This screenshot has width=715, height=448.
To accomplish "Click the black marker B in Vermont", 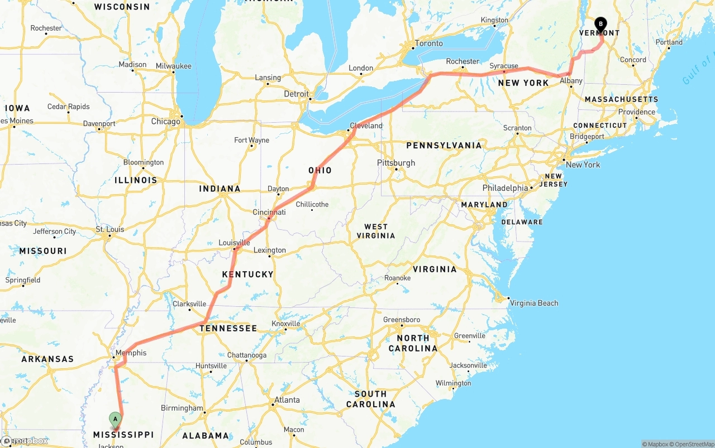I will (x=600, y=25).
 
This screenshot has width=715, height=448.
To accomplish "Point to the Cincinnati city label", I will (x=269, y=212).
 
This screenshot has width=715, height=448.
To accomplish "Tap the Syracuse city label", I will (x=504, y=66).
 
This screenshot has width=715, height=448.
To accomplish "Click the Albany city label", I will (x=571, y=81).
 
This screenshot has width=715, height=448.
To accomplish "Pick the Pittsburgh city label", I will (x=396, y=163).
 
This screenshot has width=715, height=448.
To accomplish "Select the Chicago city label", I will (x=165, y=121).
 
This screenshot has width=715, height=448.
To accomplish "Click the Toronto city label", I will (x=429, y=43).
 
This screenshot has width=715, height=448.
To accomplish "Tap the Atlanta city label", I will (x=287, y=399).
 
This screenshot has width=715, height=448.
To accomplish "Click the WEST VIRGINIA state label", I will (x=376, y=231).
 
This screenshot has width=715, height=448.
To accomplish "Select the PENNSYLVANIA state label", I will (x=444, y=145).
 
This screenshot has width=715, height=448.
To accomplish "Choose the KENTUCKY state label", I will (x=247, y=274).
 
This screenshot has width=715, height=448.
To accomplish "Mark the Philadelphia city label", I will (x=505, y=188).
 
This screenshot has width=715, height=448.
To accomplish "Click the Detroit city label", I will (x=296, y=94).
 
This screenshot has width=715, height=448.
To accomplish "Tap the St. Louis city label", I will (x=109, y=229).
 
